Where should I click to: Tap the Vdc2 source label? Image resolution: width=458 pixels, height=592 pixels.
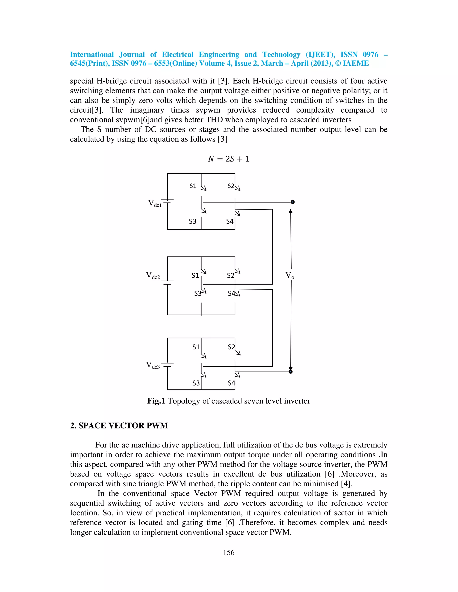(153, 276)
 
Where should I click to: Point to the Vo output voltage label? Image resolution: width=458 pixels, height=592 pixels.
(290, 276)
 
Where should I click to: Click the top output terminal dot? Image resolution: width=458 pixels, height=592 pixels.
(293, 202)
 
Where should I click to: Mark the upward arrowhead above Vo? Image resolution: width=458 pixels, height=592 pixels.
(290, 211)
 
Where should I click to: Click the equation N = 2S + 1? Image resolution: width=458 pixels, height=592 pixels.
(229, 159)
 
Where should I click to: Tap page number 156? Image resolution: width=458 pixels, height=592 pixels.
(229, 552)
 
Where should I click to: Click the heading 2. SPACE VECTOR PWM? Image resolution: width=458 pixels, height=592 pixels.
(119, 426)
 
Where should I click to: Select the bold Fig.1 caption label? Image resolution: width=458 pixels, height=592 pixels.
(156, 401)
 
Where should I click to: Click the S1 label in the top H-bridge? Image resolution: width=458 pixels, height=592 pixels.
(193, 186)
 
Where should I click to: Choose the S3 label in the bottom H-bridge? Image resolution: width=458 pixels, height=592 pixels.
(196, 383)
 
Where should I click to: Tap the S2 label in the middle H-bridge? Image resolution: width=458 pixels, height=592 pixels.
(231, 276)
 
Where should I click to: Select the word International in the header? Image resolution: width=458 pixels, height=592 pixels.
(92, 55)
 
